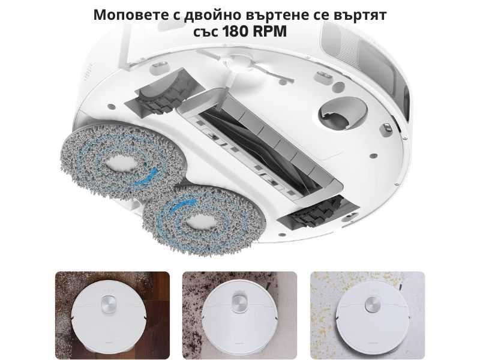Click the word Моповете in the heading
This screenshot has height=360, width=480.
[124, 15]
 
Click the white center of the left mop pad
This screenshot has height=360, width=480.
[125, 162]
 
